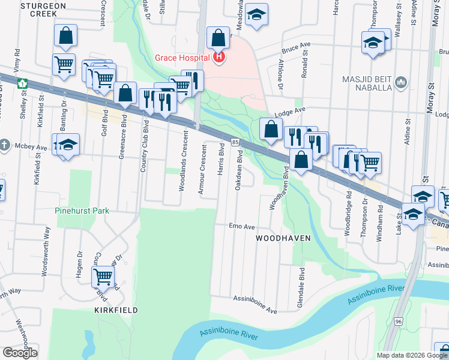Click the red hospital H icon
click(220, 58)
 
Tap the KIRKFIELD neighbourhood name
click(116, 310)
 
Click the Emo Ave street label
click(242, 227)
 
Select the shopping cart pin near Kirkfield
click(103, 276)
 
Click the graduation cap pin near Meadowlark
click(257, 14)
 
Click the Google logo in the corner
click(20, 353)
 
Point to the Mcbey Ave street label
click(33, 147)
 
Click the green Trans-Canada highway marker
click(22, 83)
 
